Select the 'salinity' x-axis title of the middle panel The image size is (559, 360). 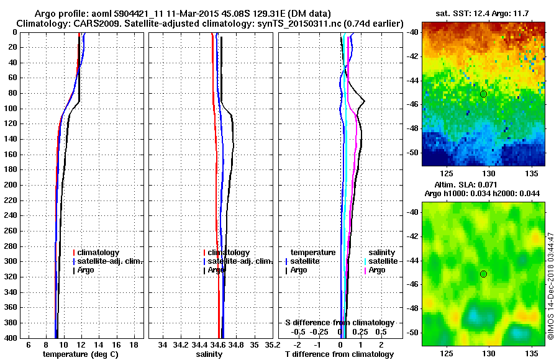(210, 354)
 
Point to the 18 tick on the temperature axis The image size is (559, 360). (133, 344)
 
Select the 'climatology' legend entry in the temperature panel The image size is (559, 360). (98, 253)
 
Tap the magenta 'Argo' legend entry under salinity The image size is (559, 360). (377, 270)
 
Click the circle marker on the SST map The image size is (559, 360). (483, 94)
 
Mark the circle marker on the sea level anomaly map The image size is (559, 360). (483, 274)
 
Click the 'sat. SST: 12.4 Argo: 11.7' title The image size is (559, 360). (484, 14)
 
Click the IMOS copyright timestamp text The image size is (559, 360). (550, 286)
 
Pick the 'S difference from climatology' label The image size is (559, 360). (339, 323)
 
